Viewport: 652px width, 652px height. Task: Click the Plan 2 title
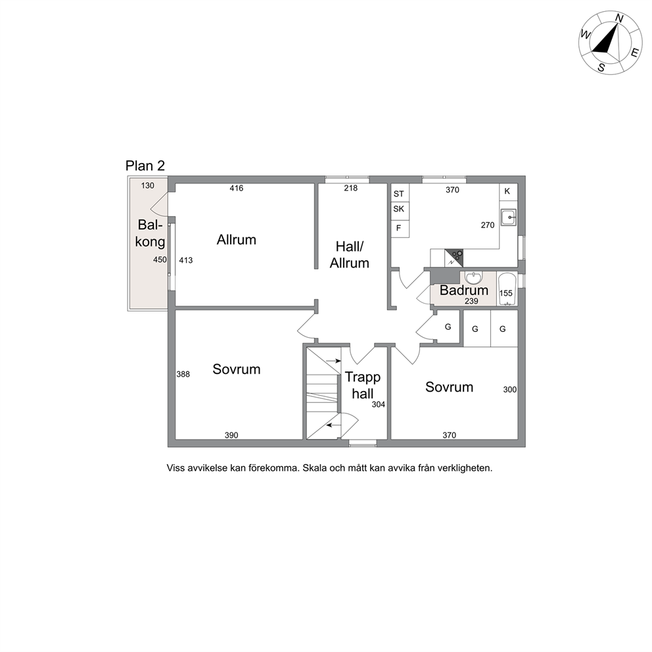[x=145, y=166]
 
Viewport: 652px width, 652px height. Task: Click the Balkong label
[x=150, y=233]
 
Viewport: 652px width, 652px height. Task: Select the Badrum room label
[x=463, y=290]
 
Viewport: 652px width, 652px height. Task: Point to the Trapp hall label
[x=363, y=385]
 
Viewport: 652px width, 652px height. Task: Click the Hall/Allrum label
[x=349, y=255]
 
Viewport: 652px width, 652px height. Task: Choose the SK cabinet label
[x=398, y=209]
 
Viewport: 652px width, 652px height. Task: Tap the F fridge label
[x=398, y=228]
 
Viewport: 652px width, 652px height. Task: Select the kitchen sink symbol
[x=509, y=217]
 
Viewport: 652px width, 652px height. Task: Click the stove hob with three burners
[x=454, y=258]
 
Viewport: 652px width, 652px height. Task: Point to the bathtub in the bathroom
[x=507, y=289]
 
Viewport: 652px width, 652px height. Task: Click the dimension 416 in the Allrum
[x=236, y=189]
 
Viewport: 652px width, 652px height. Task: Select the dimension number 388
[x=183, y=374]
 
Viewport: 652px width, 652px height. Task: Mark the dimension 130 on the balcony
[x=148, y=186]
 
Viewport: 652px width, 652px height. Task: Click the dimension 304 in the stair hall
[x=379, y=404]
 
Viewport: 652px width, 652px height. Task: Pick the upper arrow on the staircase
[x=333, y=361]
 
